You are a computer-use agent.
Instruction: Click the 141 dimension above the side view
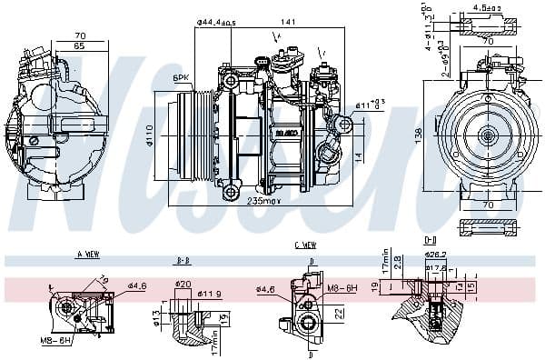(290, 22)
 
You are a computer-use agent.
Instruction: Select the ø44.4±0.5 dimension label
(215, 22)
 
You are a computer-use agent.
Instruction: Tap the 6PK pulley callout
(182, 79)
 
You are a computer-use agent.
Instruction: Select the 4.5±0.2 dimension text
(488, 8)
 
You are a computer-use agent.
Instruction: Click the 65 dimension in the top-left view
(79, 45)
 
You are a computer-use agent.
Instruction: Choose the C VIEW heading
(306, 245)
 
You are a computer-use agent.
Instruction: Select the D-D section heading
(430, 240)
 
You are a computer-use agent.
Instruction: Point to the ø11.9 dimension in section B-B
(212, 295)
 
